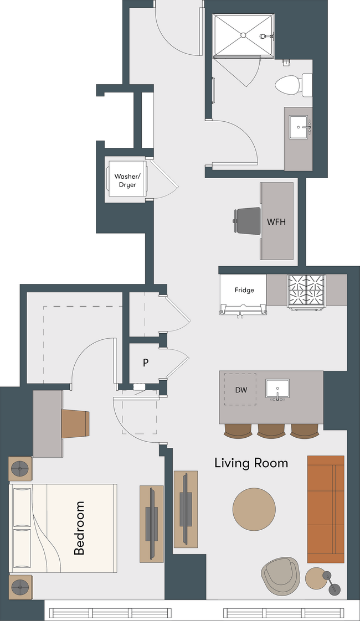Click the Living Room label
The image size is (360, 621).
pos(251,463)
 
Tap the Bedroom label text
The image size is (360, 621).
pos(79,528)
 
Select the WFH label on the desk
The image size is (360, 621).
pos(276,222)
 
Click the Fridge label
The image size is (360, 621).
pos(244,291)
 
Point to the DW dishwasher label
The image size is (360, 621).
pos(241,390)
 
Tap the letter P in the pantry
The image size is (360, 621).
pos(146,363)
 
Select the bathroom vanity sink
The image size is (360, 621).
pos(299,127)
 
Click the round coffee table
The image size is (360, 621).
pos(254,509)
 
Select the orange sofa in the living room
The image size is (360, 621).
pos(326,509)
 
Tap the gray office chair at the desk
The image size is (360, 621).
pos(247,221)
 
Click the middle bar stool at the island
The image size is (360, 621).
pos(271,431)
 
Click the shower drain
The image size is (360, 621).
pos(243,35)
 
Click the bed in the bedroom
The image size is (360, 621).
pos(63,528)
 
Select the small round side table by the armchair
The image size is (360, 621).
pos(316,578)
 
